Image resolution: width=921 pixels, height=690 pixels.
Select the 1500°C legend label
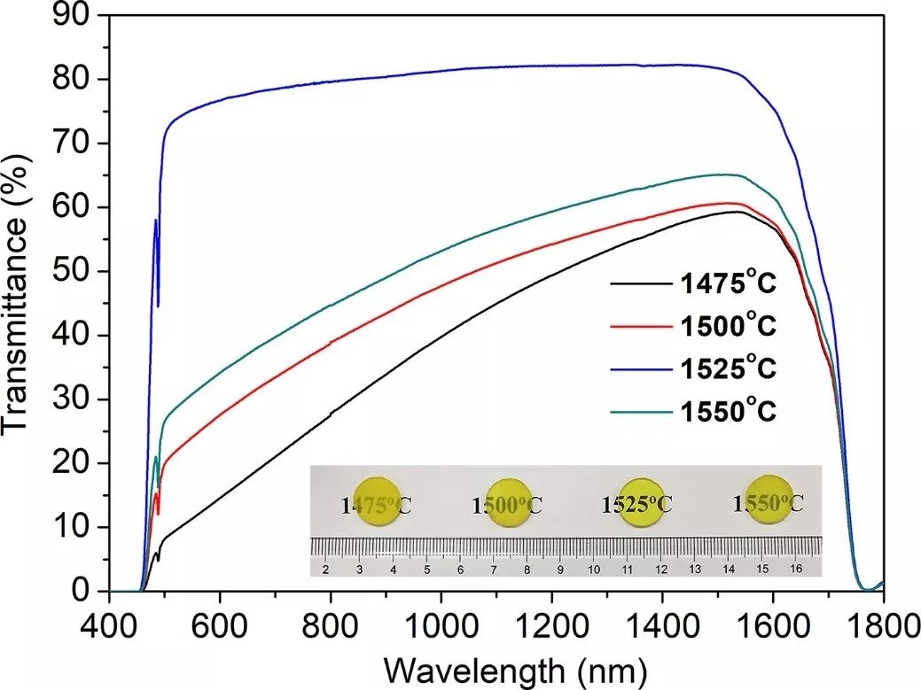point(728,327)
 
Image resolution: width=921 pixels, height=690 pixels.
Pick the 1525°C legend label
point(728,369)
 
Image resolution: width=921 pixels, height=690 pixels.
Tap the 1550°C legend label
point(728,412)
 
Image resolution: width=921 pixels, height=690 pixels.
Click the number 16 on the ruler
point(795,569)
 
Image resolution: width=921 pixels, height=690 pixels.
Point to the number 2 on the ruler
point(325,569)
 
